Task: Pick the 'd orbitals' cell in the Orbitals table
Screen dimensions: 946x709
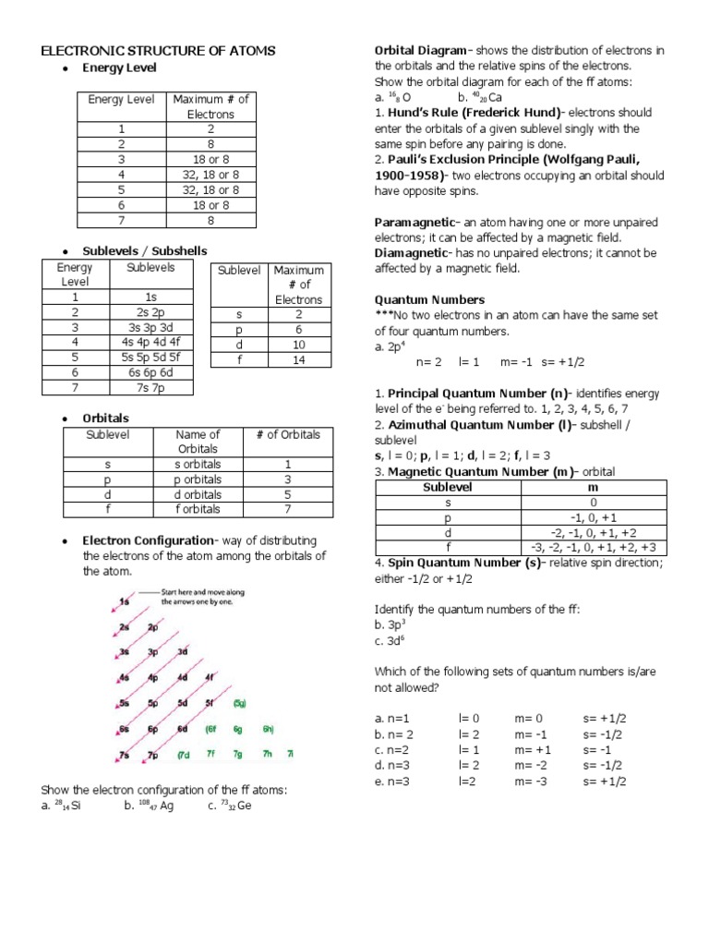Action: pos(198,494)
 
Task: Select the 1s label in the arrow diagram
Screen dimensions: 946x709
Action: pos(125,601)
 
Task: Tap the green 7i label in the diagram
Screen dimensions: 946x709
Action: pos(291,754)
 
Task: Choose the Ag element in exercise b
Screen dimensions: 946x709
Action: pos(167,806)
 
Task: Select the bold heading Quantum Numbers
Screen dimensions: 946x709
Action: pos(428,299)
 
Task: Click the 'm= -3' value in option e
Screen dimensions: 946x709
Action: pos(531,781)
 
